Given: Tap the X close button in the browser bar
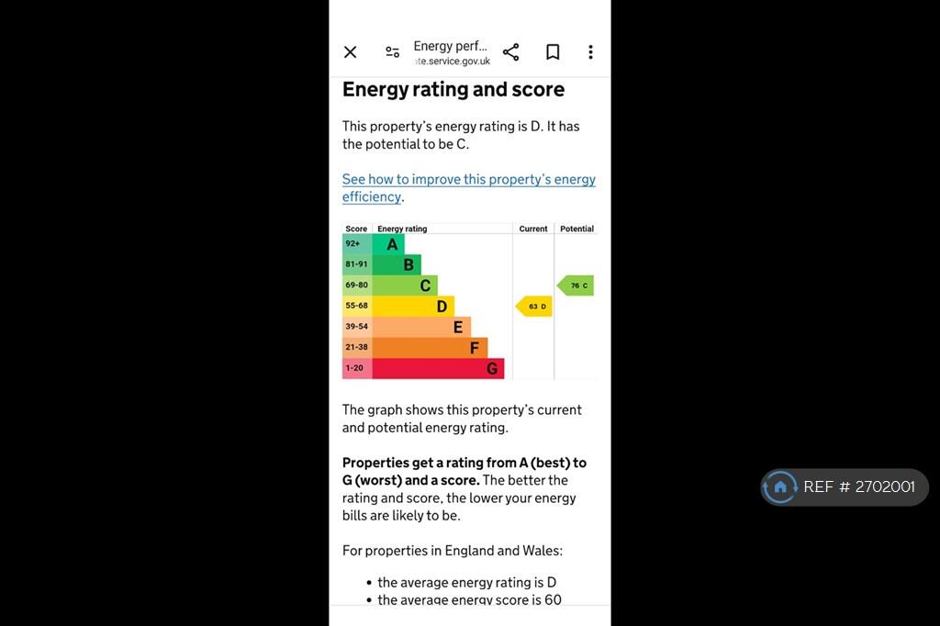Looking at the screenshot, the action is (350, 52).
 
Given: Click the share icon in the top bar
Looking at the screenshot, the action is (510, 52).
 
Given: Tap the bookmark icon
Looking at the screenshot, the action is (553, 52).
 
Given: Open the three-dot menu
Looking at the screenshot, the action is (590, 52).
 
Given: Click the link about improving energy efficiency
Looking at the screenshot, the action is (469, 187).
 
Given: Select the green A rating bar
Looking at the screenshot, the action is (388, 244).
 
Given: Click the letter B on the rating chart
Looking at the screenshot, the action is (408, 264).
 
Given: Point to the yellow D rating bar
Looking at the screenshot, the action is (413, 307).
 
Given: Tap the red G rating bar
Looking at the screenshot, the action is (438, 369).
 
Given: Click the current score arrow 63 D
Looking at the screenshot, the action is (534, 307).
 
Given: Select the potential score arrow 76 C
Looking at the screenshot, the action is (576, 285).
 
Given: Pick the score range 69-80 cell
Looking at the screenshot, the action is (357, 285).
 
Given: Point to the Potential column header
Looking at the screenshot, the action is (576, 229).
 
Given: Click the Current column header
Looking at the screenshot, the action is (533, 229).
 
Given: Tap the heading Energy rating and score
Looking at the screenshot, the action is (453, 89).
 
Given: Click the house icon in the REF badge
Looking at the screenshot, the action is (780, 486).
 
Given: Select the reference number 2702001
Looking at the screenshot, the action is (885, 486).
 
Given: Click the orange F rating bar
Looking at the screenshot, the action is (430, 348).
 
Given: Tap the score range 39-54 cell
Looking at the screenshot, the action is (357, 327).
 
